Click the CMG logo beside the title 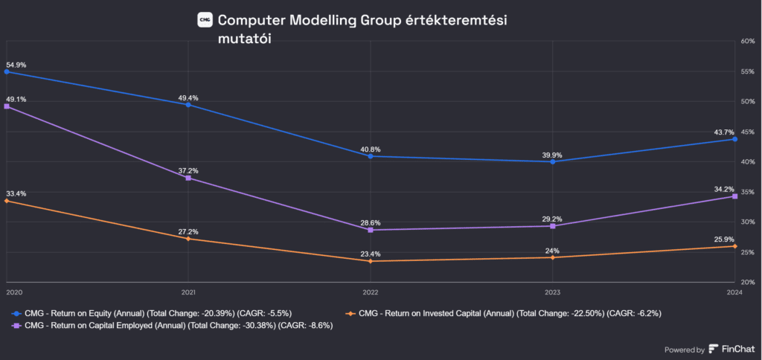(205, 19)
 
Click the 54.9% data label (16, 65)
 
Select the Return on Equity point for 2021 (188, 105)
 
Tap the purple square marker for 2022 (371, 230)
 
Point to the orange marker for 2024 (734, 246)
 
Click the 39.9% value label (552, 155)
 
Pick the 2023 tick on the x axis (552, 292)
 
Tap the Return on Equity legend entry (168, 313)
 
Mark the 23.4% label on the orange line (371, 254)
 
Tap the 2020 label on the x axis (15, 292)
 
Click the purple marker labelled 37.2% (188, 179)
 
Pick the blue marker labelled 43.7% (734, 139)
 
